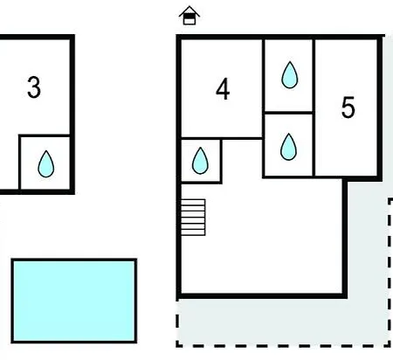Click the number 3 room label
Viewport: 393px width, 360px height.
coord(34,87)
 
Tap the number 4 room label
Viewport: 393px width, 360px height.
coord(223,89)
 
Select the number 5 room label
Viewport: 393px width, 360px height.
coord(348,107)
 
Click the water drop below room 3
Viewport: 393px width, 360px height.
coord(46,164)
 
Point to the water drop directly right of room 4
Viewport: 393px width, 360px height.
coord(290,75)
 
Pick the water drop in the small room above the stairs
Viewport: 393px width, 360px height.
coord(200,161)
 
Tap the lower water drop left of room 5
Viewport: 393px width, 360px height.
coord(288,147)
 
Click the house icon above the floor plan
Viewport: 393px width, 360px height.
coord(190,16)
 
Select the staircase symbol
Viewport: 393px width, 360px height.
coord(193,218)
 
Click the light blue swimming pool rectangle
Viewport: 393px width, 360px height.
coord(74,301)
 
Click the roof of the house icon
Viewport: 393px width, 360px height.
coord(190,10)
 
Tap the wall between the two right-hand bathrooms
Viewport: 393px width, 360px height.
coord(288,112)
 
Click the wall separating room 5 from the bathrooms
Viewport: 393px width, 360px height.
coord(314,107)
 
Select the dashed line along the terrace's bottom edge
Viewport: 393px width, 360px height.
coord(283,345)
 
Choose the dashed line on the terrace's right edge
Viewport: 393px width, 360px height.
coord(390,273)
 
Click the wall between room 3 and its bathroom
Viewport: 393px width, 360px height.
coord(45,135)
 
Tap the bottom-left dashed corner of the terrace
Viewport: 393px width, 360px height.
coord(177,346)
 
